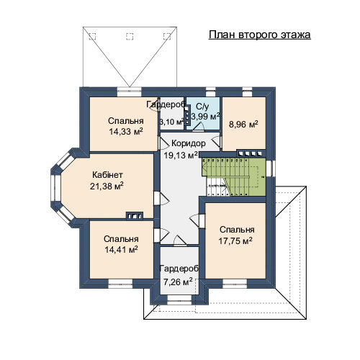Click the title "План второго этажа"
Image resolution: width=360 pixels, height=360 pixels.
[260, 35]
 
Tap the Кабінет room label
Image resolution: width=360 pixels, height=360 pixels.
[107, 175]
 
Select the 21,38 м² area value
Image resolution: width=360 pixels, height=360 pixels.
[107, 186]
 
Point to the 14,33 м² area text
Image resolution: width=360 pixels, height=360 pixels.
[126, 131]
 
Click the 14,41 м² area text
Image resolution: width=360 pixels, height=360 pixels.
[121, 250]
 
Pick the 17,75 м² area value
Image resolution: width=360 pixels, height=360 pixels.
[235, 240]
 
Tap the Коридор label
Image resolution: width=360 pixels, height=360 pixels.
[189, 143]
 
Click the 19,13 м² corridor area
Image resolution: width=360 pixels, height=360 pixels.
[181, 155]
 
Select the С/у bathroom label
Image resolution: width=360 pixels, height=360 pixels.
[202, 107]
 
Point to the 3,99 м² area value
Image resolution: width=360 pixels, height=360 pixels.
[205, 117]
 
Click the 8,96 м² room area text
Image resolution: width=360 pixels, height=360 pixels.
[243, 125]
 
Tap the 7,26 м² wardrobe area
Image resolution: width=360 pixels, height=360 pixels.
[178, 282]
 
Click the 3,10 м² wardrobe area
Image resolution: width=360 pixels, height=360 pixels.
[172, 122]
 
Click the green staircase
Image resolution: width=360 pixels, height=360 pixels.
[234, 177]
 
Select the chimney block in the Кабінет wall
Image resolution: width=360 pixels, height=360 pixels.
[135, 216]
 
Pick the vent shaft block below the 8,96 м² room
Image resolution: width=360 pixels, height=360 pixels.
[251, 153]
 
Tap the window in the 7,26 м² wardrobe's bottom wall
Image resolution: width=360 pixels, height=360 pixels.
[179, 300]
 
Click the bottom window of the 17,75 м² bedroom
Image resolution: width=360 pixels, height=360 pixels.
[235, 284]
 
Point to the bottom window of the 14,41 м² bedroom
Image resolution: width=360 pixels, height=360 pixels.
[120, 284]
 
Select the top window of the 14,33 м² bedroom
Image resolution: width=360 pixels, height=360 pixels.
[130, 92]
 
